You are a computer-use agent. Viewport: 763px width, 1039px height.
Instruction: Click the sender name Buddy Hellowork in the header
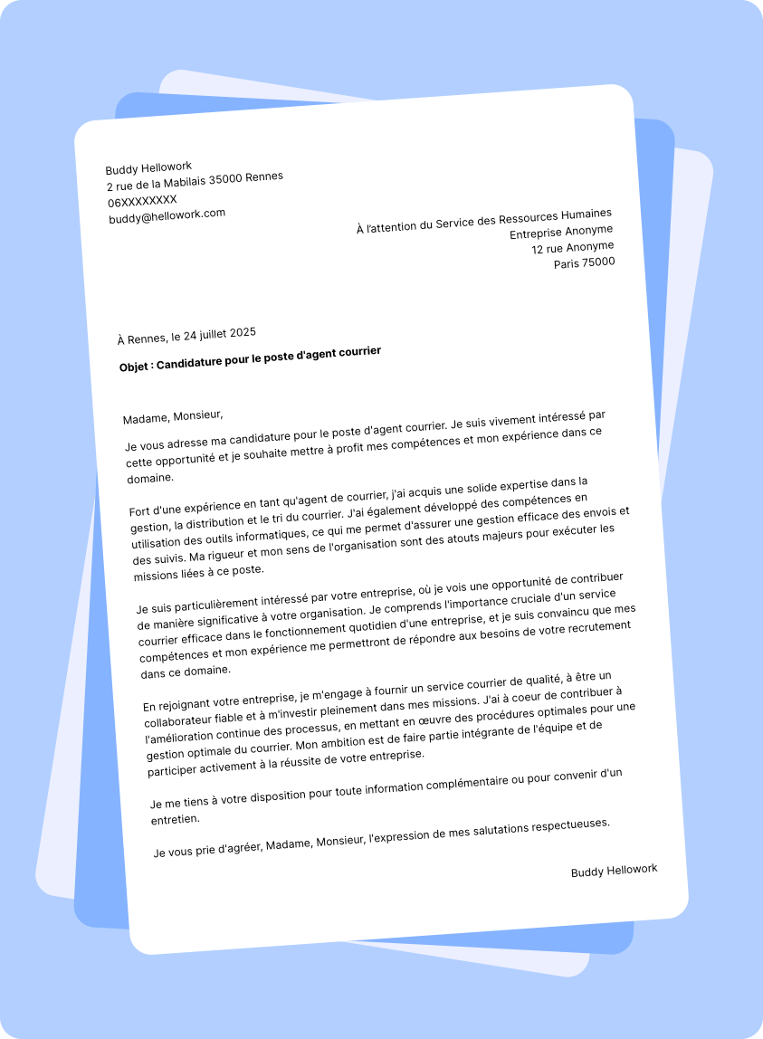click(148, 168)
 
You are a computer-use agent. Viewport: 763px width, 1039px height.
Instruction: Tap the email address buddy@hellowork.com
click(167, 215)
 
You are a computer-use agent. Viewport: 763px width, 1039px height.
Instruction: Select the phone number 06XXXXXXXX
click(142, 200)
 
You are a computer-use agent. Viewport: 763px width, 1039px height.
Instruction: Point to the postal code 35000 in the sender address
click(225, 179)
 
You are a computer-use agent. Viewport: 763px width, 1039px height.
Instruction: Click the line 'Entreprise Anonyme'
click(561, 232)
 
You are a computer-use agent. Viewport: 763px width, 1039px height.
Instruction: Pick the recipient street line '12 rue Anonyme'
click(572, 247)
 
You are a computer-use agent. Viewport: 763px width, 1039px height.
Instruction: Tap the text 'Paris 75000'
click(584, 263)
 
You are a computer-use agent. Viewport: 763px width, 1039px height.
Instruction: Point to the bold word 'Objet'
click(136, 367)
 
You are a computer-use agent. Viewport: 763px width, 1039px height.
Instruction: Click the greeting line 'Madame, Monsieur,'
click(172, 416)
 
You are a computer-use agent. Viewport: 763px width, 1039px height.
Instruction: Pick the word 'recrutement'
click(596, 627)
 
